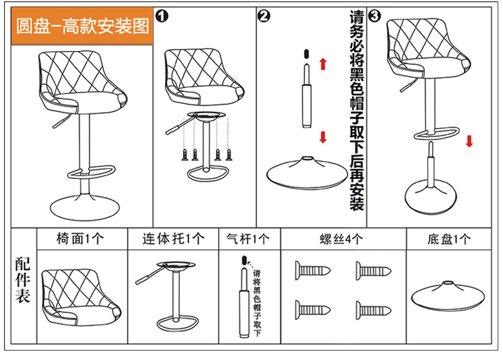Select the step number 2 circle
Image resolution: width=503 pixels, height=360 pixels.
pyautogui.click(x=264, y=16)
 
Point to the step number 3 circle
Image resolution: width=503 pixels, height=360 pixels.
pyautogui.click(x=376, y=15)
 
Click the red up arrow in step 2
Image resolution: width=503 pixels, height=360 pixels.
pyautogui.click(x=323, y=64)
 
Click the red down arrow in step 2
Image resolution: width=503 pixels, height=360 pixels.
pyautogui.click(x=323, y=137)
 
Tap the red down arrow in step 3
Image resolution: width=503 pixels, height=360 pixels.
pyautogui.click(x=469, y=141)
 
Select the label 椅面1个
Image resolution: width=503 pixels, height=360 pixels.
pyautogui.click(x=80, y=239)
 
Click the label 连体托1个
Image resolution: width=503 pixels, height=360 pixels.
pyautogui.click(x=172, y=239)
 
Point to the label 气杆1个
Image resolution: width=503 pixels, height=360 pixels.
pyautogui.click(x=248, y=239)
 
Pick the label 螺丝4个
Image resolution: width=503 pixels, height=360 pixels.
pyautogui.click(x=342, y=239)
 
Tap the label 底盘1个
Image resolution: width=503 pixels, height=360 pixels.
pyautogui.click(x=449, y=239)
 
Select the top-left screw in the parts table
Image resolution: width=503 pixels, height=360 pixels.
pyautogui.click(x=313, y=270)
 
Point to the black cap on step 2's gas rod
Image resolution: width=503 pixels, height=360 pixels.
pyautogui.click(x=306, y=52)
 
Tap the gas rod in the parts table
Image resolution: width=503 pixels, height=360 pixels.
pyautogui.click(x=243, y=302)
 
